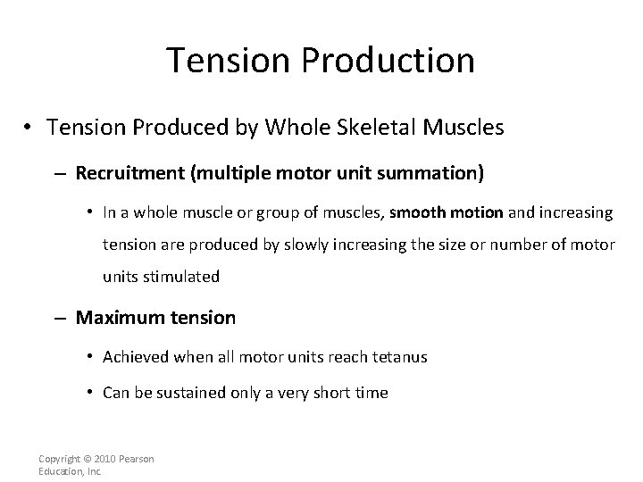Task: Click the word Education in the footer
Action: coord(58,470)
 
